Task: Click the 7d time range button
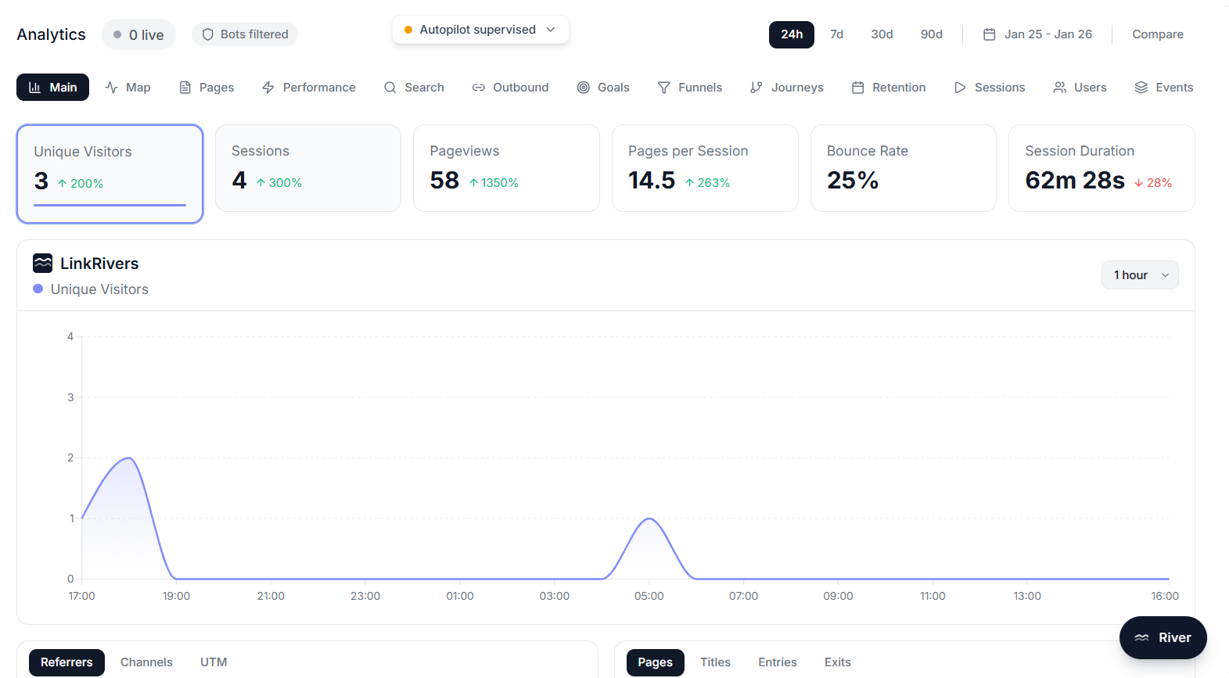836,34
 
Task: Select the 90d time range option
931,34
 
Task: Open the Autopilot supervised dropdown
480,30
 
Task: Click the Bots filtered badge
245,34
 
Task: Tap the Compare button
1157,34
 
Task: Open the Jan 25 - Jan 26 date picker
1037,34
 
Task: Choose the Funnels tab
690,88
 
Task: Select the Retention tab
889,88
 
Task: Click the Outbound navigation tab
510,88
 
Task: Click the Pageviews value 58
444,181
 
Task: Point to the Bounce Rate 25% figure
853,181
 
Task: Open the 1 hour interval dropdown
1140,275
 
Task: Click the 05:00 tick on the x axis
649,596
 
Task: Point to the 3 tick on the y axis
70,397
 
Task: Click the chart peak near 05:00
649,518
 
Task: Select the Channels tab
146,662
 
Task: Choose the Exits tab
837,662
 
